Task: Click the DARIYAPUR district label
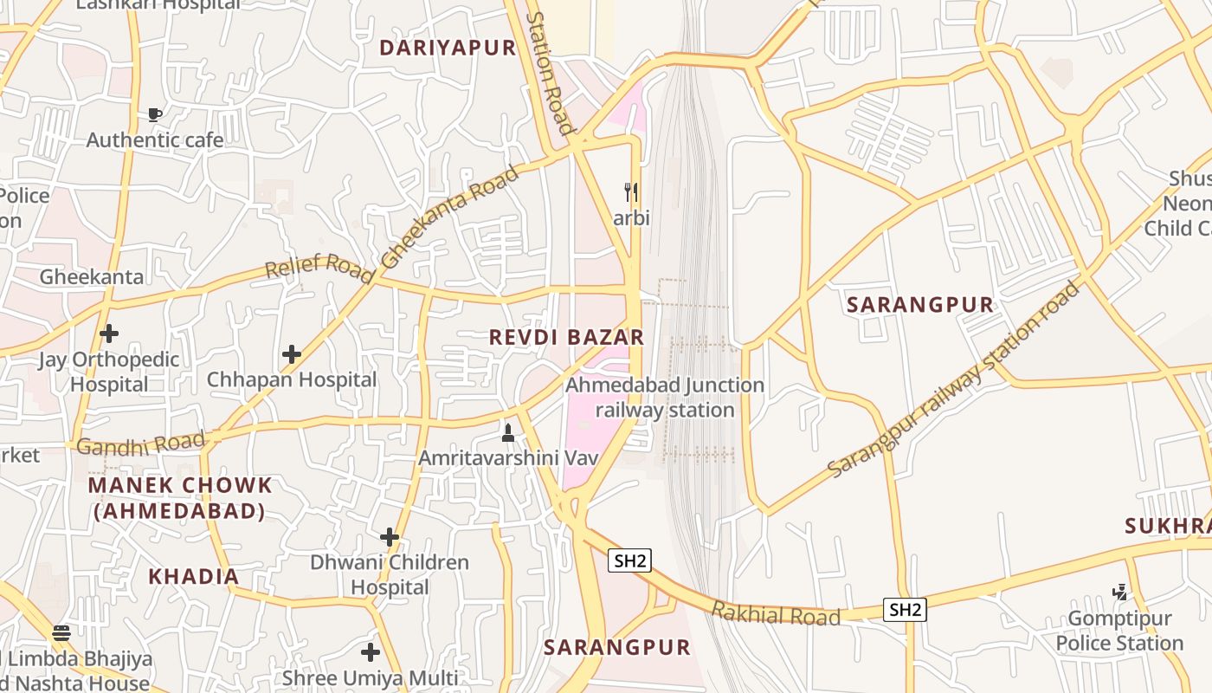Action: [448, 48]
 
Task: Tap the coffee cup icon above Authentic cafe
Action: [155, 114]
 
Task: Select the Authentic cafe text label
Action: [155, 139]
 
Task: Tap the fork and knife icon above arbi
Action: [631, 192]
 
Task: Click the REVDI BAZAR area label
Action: [567, 337]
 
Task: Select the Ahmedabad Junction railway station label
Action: [665, 397]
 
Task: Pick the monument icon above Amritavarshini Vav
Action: [508, 431]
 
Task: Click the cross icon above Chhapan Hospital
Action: [292, 353]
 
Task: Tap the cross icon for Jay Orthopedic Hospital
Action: [109, 333]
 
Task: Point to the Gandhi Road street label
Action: [141, 445]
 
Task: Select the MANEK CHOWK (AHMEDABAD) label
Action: [180, 498]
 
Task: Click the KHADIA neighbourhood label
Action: [193, 576]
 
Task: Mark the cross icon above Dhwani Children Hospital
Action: [390, 537]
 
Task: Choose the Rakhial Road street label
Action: [776, 615]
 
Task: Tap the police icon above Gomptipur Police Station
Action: [1119, 593]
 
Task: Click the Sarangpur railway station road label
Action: [955, 379]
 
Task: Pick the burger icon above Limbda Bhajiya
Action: [61, 632]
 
